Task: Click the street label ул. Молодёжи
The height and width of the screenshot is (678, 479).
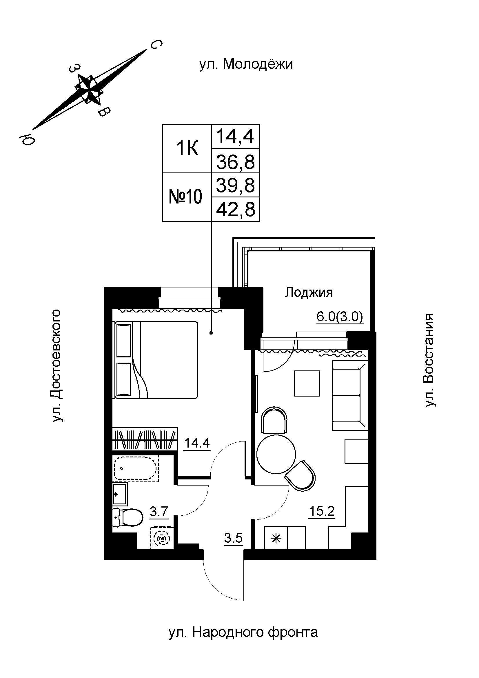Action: pos(246,64)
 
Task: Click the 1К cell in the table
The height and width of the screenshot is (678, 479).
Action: pos(187,148)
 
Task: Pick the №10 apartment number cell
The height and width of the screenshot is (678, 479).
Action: pos(185,197)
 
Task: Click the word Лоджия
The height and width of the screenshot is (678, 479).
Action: pos(309,293)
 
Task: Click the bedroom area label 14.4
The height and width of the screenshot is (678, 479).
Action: pos(197,443)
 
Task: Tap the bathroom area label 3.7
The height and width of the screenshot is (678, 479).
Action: pos(159,511)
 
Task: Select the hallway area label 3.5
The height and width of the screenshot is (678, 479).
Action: pos(234,538)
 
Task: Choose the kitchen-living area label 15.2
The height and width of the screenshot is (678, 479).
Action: pos(322,511)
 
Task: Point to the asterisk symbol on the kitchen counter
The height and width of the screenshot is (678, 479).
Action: pos(276,539)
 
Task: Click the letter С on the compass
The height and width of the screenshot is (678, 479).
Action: pos(156,45)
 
